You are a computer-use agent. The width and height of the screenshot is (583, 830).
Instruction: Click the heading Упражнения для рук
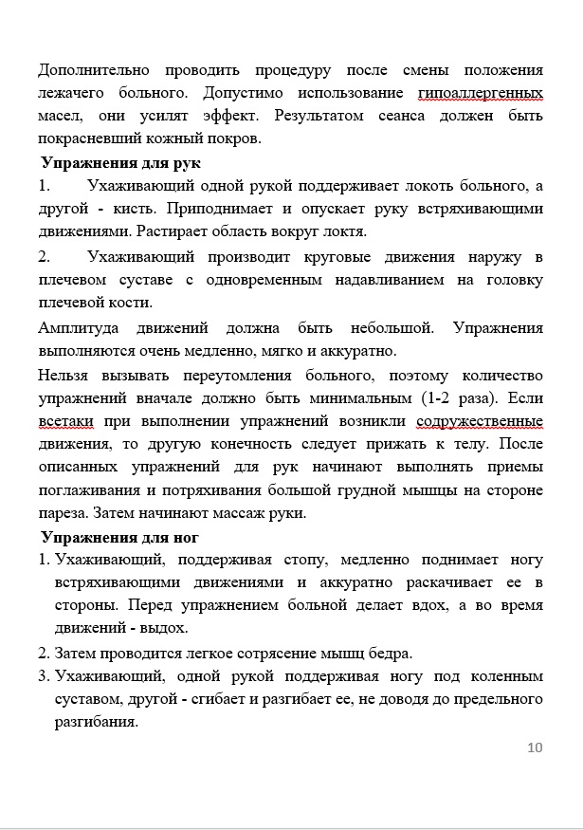click(x=120, y=162)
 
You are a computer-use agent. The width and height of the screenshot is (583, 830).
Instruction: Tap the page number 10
click(x=535, y=747)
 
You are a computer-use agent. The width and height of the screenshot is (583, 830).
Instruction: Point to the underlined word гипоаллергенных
click(x=480, y=93)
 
